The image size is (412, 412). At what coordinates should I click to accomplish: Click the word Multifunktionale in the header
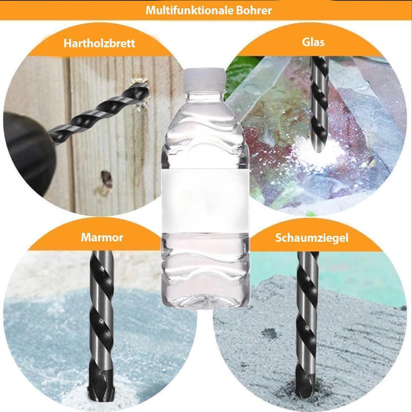click(x=190, y=10)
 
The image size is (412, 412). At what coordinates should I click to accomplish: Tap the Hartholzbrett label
click(x=99, y=43)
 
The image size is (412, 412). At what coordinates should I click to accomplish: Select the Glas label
click(x=313, y=42)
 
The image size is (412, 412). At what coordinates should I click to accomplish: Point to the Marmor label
click(x=102, y=237)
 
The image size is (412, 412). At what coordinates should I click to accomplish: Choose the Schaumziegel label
click(x=311, y=238)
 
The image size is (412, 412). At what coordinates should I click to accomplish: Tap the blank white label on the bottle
click(x=205, y=201)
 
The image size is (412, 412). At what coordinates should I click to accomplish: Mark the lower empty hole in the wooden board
click(x=106, y=179)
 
